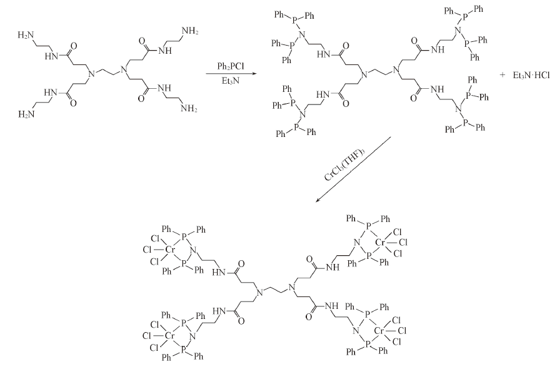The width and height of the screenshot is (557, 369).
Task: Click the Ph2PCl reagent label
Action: pos(231,66)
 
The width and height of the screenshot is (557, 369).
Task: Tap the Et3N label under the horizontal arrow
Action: pos(231,81)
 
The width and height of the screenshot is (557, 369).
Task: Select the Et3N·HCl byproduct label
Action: pos(531,76)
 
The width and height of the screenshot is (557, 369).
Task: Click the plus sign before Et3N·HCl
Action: pos(502,76)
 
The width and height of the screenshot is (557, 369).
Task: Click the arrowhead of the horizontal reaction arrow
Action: pos(254,74)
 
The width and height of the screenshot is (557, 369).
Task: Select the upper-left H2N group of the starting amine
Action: pos(26,35)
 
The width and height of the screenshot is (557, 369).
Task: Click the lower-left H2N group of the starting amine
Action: pos(26,114)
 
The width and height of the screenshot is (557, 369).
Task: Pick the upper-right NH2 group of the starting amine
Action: pos(189,31)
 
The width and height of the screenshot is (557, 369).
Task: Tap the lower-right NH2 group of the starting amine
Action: pos(189,108)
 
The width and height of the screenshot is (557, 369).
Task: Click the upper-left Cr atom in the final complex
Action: pos(171,250)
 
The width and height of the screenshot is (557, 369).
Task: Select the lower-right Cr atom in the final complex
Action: pos(379,331)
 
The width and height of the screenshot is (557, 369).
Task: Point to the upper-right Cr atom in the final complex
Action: pos(381,243)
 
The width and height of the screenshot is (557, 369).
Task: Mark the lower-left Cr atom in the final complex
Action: pos(170,335)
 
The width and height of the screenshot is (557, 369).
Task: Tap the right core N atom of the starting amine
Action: pos(123,69)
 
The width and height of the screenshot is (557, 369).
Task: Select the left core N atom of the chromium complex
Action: pos(259,292)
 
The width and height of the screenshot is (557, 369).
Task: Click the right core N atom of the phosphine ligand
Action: pos(397,69)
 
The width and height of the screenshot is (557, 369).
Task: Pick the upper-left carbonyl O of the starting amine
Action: pos(74,46)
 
